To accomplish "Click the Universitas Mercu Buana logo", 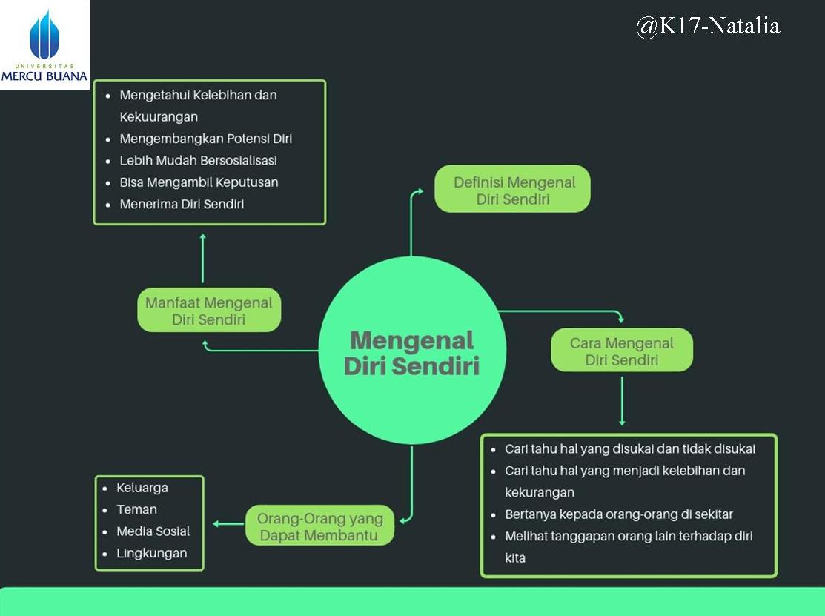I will (44, 44).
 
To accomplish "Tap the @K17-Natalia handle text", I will (707, 27).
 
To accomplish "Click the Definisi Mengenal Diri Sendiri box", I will (512, 190).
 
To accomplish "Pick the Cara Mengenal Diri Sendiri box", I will (621, 351).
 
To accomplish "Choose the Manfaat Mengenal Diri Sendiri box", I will (208, 311).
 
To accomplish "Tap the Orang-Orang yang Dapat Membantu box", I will (319, 526).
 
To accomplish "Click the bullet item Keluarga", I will (142, 488).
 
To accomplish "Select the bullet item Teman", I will (137, 509).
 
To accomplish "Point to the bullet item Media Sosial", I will (153, 531).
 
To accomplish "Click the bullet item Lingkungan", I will (152, 553).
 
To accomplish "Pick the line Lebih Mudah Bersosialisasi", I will (199, 160).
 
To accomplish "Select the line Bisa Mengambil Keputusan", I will (199, 182).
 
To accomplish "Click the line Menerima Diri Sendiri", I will (182, 204).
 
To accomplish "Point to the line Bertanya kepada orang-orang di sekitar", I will (619, 514).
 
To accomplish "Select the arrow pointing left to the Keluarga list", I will (228, 524).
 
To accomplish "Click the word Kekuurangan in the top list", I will (159, 116).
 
